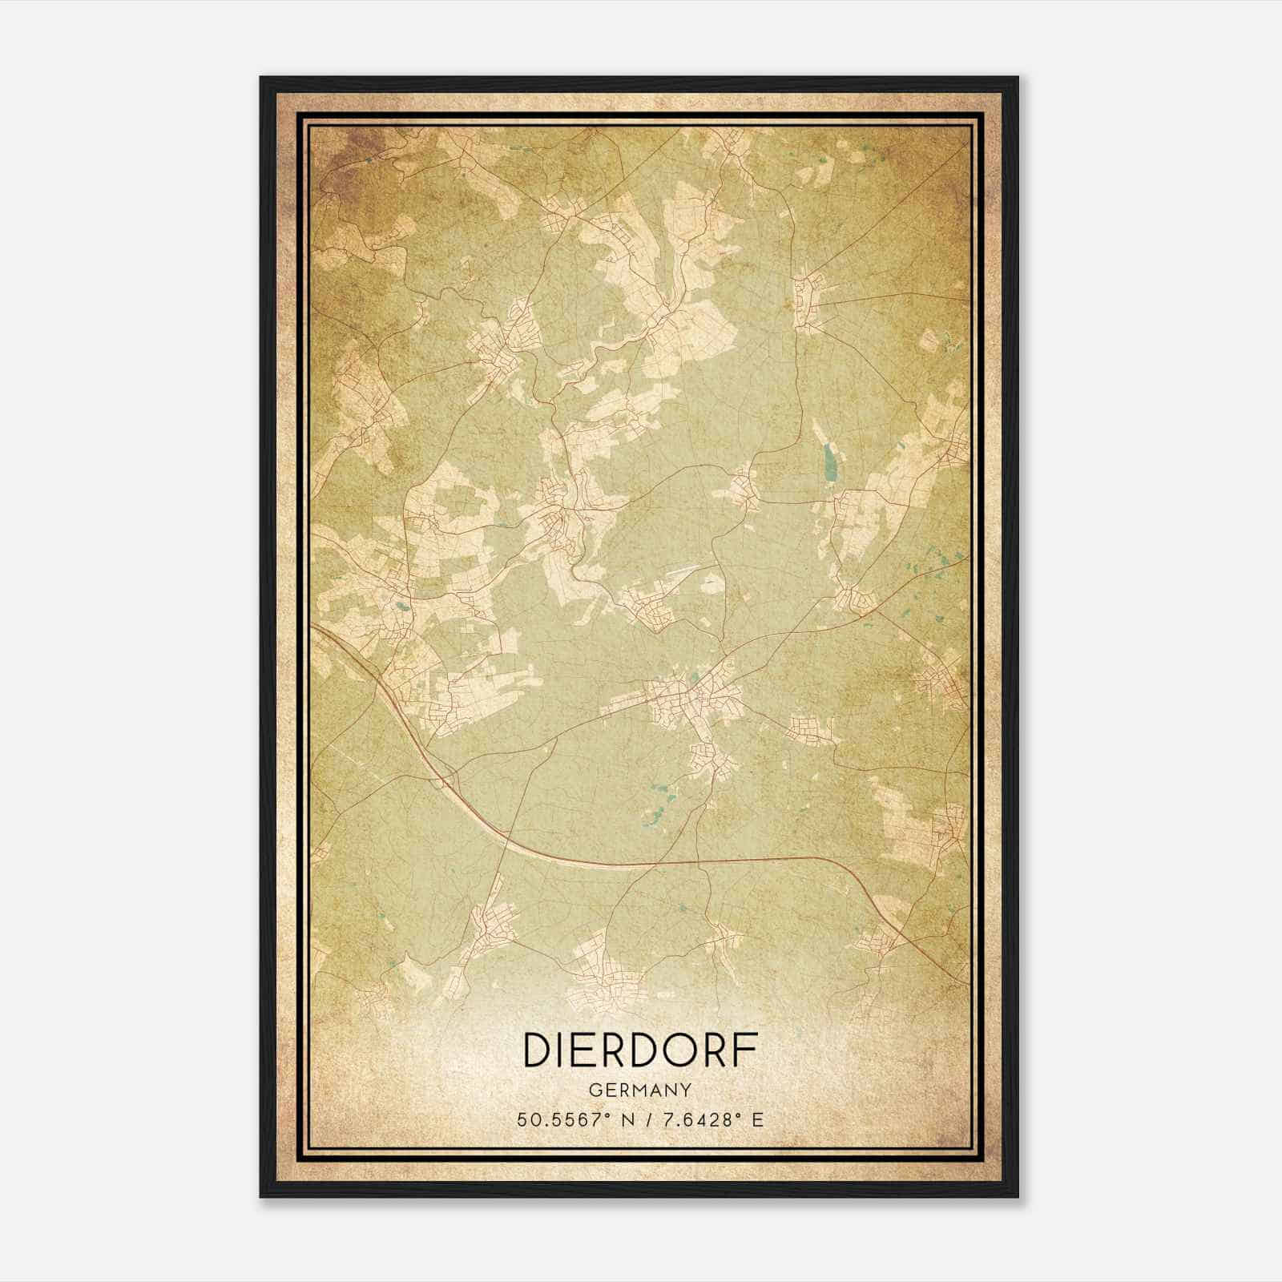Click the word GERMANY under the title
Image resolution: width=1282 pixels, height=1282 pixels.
[640, 1091]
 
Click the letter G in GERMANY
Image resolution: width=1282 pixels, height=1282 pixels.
[594, 1091]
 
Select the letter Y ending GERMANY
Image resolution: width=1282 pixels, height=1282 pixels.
[687, 1091]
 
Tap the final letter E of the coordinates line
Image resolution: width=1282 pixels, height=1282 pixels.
[757, 1119]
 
